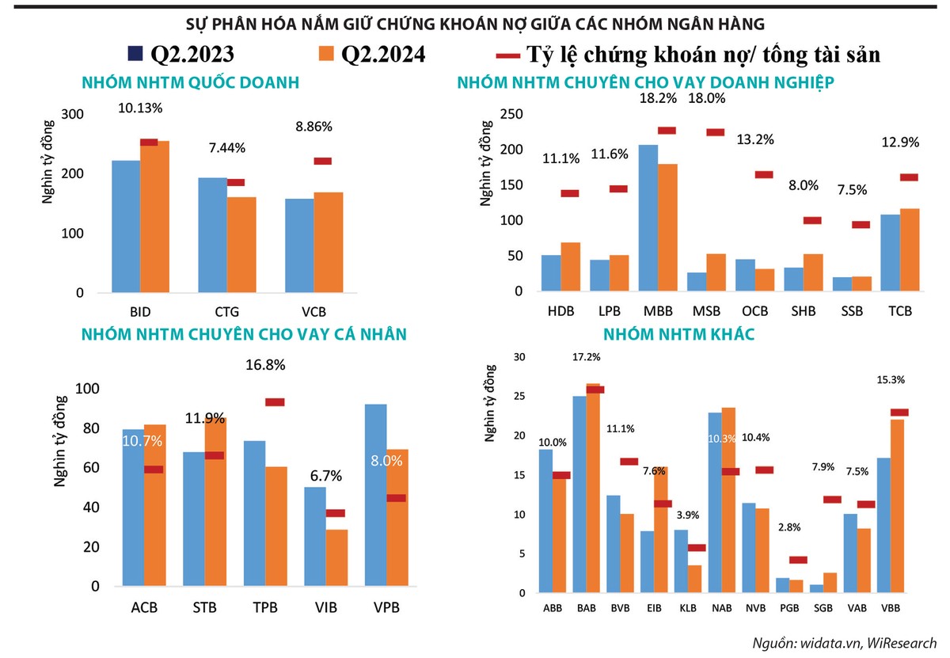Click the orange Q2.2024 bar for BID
click(x=155, y=218)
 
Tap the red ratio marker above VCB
click(x=322, y=161)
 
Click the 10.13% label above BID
click(x=141, y=108)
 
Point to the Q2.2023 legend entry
click(x=182, y=54)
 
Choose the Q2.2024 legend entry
click(x=373, y=54)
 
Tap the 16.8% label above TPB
click(x=267, y=365)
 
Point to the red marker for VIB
click(x=335, y=513)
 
